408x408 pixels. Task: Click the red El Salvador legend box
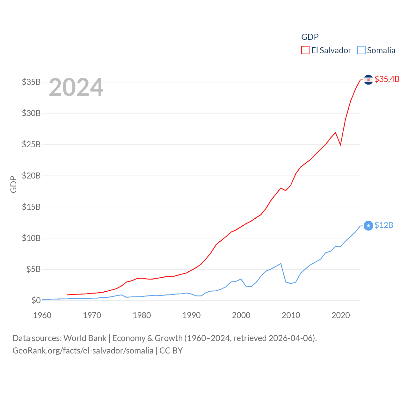click(305, 50)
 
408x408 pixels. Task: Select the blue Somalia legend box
click(361, 50)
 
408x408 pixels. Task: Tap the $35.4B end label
click(387, 79)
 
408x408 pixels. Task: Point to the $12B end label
click(384, 225)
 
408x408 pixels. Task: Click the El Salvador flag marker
click(368, 79)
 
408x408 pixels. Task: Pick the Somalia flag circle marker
click(368, 226)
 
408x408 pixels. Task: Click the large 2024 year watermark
click(76, 87)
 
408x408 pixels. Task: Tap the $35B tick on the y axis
click(31, 82)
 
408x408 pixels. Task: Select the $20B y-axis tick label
click(31, 176)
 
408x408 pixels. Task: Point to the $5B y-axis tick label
click(33, 269)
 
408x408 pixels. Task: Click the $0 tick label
click(36, 300)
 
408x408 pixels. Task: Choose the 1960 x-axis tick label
click(42, 315)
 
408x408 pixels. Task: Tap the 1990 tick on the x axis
click(192, 315)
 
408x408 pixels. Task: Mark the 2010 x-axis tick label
click(291, 315)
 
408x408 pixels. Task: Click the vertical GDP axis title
click(13, 184)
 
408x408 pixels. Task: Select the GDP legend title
click(310, 37)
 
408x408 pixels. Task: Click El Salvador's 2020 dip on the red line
click(340, 145)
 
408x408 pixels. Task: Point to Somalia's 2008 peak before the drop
click(280, 264)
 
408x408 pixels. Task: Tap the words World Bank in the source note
click(85, 338)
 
